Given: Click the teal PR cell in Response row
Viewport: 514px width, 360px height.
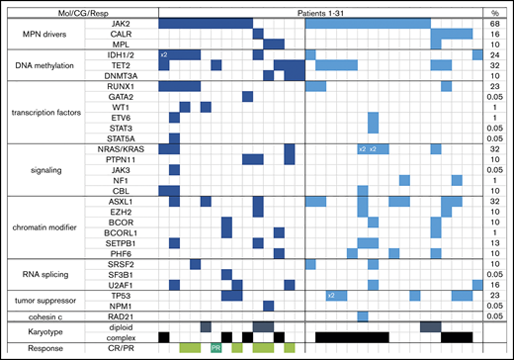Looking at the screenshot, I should point(216,347).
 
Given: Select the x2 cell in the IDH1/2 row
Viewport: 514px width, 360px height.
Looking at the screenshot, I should point(164,54).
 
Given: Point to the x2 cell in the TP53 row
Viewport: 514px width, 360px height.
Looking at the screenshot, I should point(332,295).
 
